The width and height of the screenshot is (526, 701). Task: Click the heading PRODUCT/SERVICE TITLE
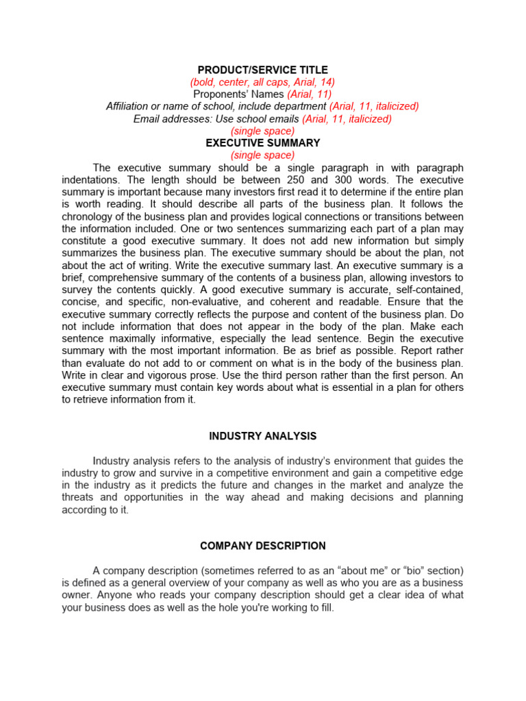pos(262,70)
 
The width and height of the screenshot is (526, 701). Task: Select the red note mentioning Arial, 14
pos(262,82)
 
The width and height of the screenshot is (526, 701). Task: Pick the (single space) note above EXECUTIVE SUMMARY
pos(262,131)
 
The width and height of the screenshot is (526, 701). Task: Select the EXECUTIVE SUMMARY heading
pos(262,143)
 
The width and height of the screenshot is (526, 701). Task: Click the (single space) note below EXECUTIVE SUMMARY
pos(262,155)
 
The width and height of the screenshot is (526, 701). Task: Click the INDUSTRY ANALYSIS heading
pos(262,436)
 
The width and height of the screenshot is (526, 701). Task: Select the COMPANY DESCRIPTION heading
pos(262,546)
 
